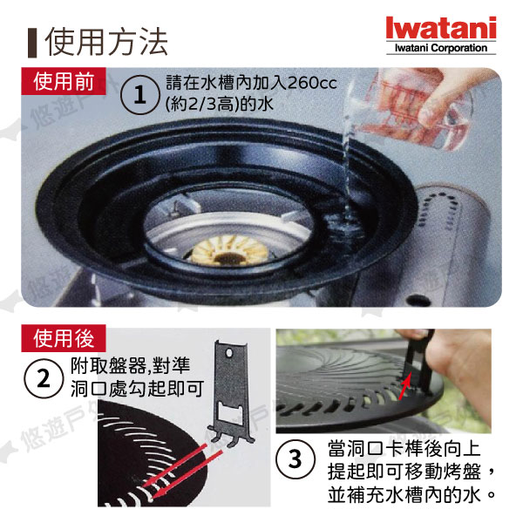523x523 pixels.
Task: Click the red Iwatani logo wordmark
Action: point(440,28)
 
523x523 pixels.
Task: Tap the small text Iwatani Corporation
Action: point(441,48)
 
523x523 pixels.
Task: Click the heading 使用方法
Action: point(106,41)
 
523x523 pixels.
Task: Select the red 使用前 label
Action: point(64,81)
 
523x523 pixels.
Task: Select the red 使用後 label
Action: point(64,338)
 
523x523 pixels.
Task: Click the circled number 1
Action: point(139,94)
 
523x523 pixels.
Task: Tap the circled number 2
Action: point(44,378)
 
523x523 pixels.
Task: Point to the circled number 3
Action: point(295,459)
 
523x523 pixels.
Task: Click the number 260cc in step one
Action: point(312,83)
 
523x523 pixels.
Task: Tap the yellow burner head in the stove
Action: point(229,250)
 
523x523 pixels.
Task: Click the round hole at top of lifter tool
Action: point(229,352)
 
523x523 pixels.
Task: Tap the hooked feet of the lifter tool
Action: point(230,438)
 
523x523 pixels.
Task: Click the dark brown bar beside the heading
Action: point(32,43)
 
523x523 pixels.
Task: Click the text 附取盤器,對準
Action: point(130,365)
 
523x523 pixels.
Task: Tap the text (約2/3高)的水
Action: point(220,104)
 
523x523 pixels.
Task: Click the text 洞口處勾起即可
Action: point(137,389)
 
